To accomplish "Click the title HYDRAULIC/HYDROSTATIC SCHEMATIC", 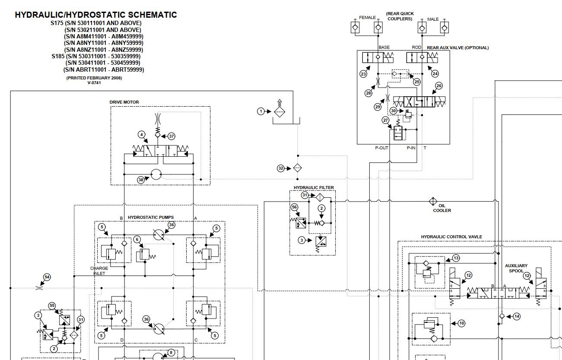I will click(x=96, y=15).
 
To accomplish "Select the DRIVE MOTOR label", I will click(x=124, y=102).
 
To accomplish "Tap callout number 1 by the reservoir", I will click(x=260, y=111).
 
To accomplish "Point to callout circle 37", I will click(x=171, y=136).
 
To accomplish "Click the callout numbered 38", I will click(x=141, y=180).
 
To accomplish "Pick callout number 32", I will click(x=281, y=168).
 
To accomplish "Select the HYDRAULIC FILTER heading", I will click(x=314, y=188).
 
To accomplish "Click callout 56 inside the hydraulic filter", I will click(x=294, y=207).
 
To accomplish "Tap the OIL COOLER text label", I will click(x=442, y=208).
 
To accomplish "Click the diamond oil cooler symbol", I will click(x=433, y=201).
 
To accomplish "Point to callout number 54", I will click(x=47, y=277).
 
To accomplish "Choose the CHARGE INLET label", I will click(x=99, y=271).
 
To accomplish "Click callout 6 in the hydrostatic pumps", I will click(x=137, y=239).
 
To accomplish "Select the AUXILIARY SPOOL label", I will click(x=516, y=268).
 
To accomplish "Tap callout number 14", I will click(x=517, y=316).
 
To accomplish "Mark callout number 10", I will click(x=461, y=323).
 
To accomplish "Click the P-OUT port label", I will click(x=381, y=148).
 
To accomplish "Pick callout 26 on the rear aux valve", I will click(x=439, y=86).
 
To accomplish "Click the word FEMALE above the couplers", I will click(x=367, y=18).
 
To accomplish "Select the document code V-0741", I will click(x=94, y=83).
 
